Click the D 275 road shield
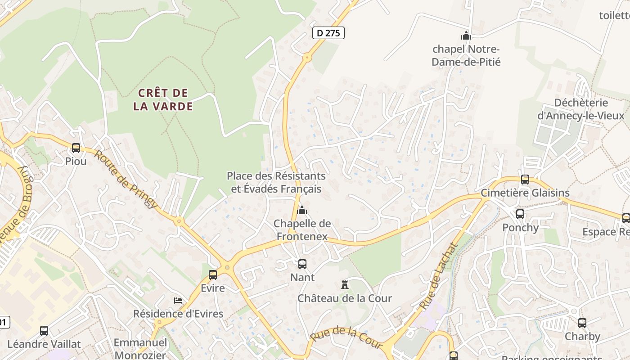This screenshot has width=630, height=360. tap(328, 33)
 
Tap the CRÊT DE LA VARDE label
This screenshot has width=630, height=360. tap(163, 99)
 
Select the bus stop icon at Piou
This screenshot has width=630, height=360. tap(76, 148)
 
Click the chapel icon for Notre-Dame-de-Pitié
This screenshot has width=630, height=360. tap(466, 35)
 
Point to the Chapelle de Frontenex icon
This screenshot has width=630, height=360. tap(302, 210)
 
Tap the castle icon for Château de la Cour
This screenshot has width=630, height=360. tap(345, 285)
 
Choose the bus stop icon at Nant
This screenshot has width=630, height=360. tap(302, 264)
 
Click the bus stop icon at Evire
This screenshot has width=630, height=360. tap(213, 274)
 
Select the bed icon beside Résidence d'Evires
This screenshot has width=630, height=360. tap(178, 300)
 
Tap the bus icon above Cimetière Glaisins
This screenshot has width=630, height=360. tap(525, 180)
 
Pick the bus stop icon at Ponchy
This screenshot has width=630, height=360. tap(520, 214)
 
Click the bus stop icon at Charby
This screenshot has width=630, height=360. tap(582, 323)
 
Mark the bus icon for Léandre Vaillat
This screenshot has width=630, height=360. tap(44, 331)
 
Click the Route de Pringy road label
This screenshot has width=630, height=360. tap(126, 179)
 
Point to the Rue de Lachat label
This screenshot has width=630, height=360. tap(438, 276)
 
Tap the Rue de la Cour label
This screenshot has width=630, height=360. tap(346, 338)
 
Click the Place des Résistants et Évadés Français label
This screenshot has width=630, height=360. tap(276, 182)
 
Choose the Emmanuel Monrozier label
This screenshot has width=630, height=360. tap(140, 348)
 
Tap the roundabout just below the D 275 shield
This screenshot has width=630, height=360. tap(307, 58)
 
